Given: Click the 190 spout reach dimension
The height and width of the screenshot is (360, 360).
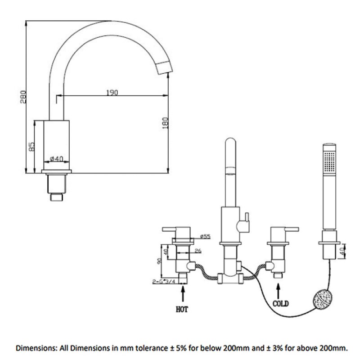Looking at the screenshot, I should click(x=112, y=93).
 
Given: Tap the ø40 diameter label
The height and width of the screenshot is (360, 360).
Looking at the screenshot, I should click(x=57, y=158).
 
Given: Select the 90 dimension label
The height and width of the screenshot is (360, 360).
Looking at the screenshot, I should click(x=159, y=262).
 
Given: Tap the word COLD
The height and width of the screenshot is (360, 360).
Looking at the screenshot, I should click(x=280, y=304).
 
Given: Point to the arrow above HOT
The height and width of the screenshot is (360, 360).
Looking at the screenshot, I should click(x=183, y=295).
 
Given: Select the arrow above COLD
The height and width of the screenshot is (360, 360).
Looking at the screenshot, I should click(x=278, y=289).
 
